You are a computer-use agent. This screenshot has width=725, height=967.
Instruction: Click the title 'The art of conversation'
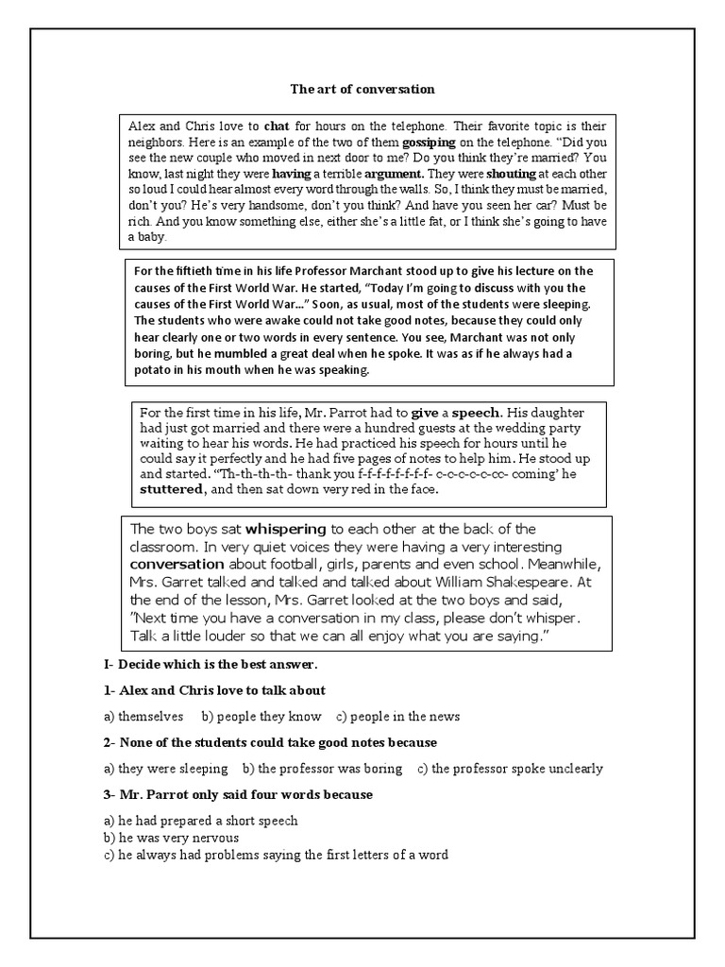click(x=362, y=90)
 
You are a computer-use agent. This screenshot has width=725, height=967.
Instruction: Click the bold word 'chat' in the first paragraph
click(x=277, y=126)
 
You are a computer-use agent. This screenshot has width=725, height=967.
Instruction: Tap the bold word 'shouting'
click(x=512, y=174)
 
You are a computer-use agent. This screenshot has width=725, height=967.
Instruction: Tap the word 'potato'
click(x=152, y=370)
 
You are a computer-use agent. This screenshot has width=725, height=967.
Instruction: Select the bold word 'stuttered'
click(x=171, y=491)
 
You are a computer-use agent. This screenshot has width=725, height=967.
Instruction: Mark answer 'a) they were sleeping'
click(x=166, y=769)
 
